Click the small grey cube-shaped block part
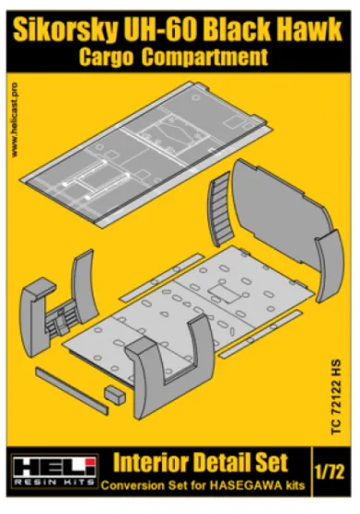point(115,394)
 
